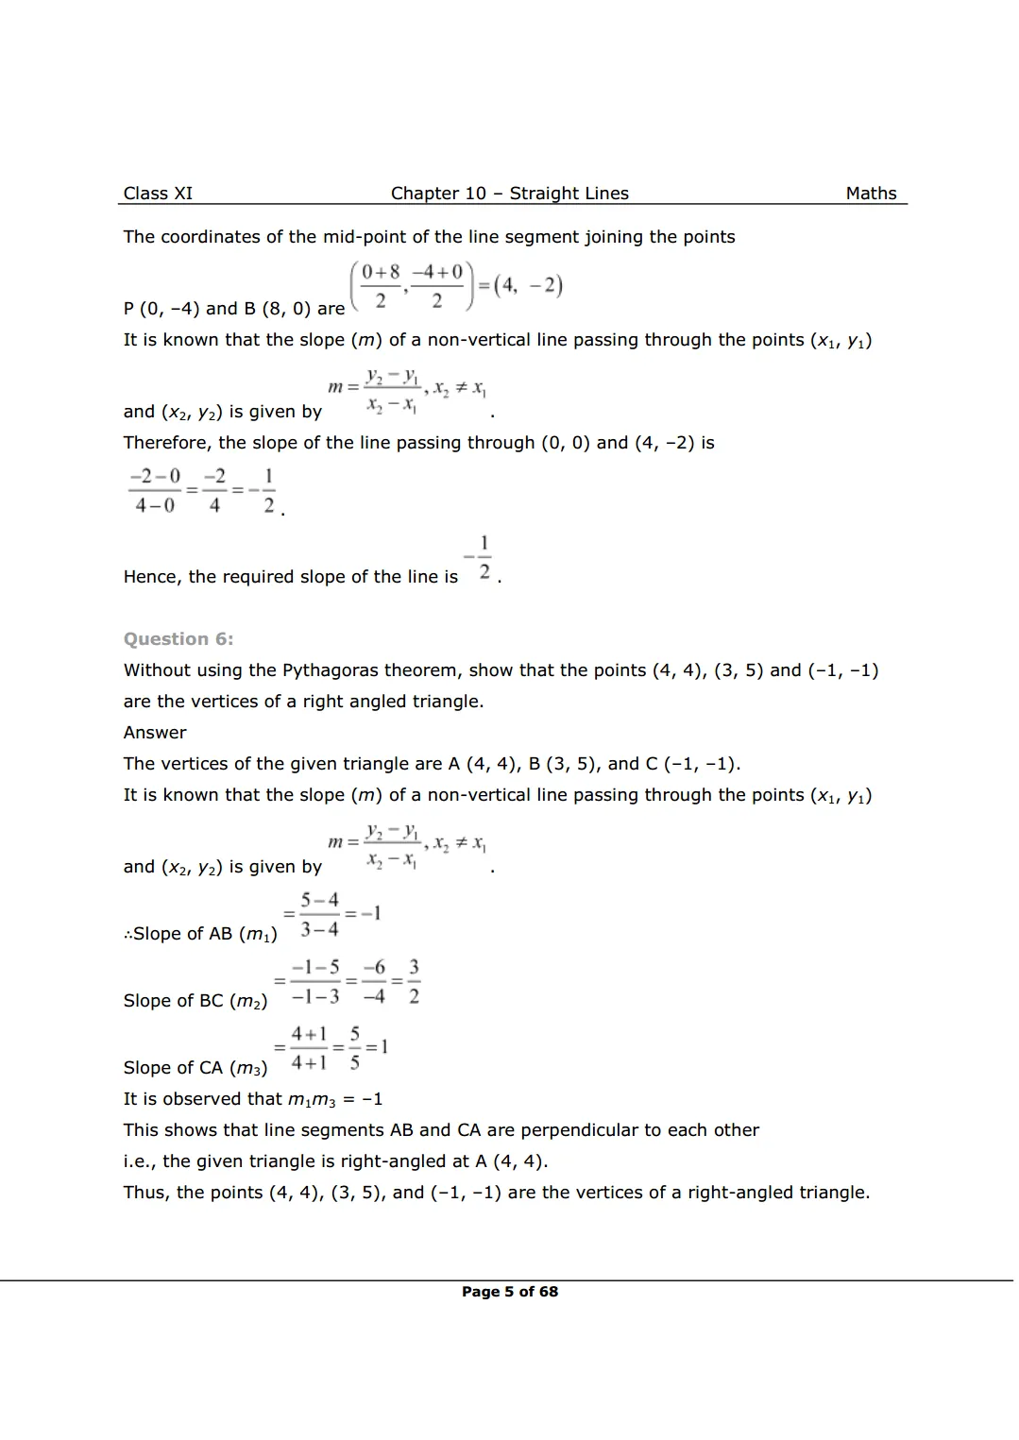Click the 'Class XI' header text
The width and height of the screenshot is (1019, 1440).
pyautogui.click(x=158, y=194)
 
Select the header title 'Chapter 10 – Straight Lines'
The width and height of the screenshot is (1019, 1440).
pyautogui.click(x=509, y=194)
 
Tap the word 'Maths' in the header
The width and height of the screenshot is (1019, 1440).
pyautogui.click(x=871, y=194)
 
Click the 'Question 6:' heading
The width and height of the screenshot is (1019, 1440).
pyautogui.click(x=178, y=639)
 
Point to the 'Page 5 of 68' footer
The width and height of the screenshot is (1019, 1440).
pyautogui.click(x=509, y=1292)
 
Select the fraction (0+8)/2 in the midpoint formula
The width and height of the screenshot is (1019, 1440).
pyautogui.click(x=381, y=286)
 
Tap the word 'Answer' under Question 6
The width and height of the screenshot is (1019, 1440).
pyautogui.click(x=155, y=733)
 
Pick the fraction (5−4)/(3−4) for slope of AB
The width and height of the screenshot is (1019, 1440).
pyautogui.click(x=319, y=914)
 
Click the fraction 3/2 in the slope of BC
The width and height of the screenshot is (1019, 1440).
pyautogui.click(x=414, y=981)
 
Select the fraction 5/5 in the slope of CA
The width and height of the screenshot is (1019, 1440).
pyautogui.click(x=354, y=1048)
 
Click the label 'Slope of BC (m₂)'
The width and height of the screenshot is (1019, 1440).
pyautogui.click(x=195, y=1001)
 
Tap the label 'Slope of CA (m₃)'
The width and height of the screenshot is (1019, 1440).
pyautogui.click(x=195, y=1068)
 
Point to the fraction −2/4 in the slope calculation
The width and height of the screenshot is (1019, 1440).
pyautogui.click(x=214, y=491)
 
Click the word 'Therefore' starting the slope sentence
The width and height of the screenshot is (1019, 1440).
pyautogui.click(x=166, y=443)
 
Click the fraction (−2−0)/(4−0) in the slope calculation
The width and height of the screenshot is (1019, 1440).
pyautogui.click(x=155, y=491)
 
